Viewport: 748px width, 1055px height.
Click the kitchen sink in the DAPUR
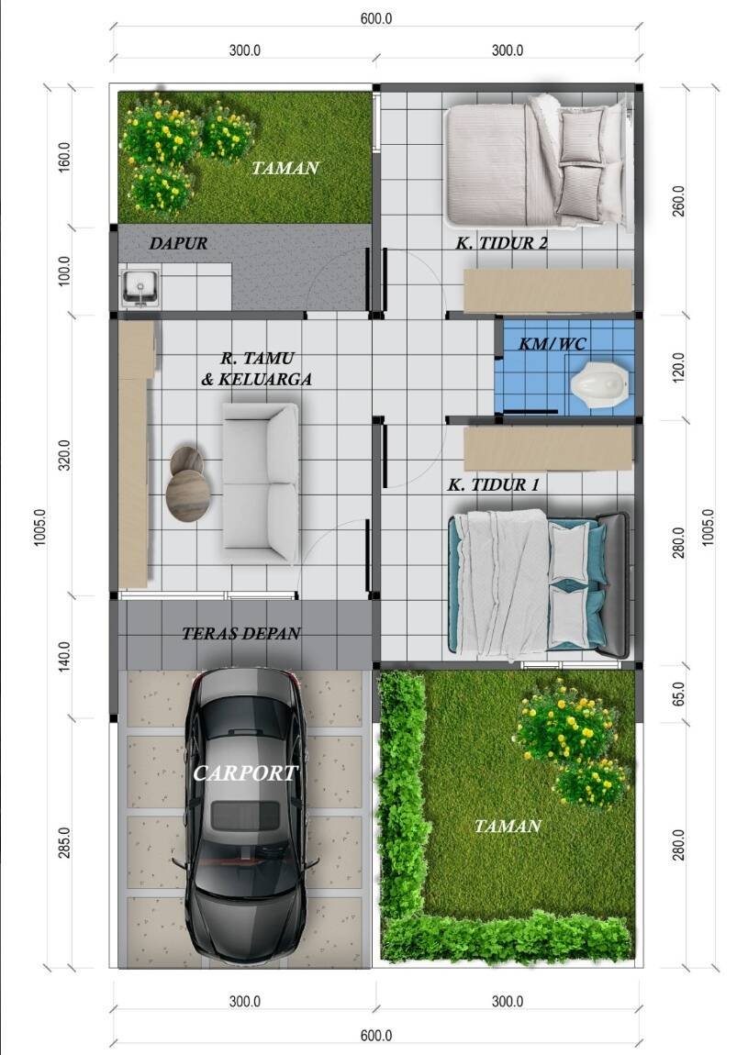pos(140,288)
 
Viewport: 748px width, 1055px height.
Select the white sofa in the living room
pos(261,483)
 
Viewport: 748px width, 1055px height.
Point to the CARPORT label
pos(245,773)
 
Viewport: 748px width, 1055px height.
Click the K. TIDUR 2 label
pos(501,243)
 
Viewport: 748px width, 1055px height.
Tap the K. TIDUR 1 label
pos(494,484)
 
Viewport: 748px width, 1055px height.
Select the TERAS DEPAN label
pos(241,633)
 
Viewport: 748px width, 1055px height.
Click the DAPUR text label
pos(178,243)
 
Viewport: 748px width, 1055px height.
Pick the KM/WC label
pos(553,344)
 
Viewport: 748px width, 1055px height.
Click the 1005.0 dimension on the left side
pos(40,527)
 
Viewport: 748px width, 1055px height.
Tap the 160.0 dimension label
pos(64,157)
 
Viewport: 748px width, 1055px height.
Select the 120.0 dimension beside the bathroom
pos(678,367)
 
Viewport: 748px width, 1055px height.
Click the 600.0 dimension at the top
pos(375,18)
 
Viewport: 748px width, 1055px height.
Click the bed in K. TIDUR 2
pos(538,161)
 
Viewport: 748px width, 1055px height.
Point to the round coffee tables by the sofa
pos(187,483)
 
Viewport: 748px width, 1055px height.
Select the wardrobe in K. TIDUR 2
pos(548,292)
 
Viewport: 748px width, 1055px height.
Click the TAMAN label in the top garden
pos(285,168)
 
